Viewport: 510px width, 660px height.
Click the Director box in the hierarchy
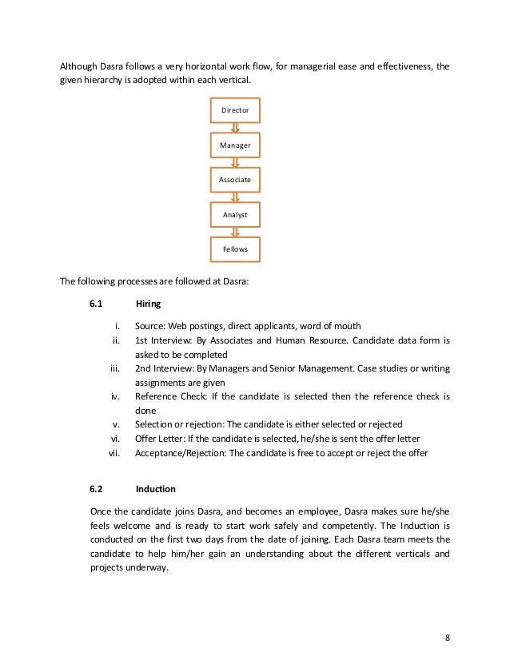[x=235, y=109]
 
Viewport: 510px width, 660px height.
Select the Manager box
[x=235, y=145]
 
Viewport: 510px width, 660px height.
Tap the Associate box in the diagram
[x=235, y=180]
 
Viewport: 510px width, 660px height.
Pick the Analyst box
[x=235, y=214]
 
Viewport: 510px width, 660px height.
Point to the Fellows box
[x=235, y=249]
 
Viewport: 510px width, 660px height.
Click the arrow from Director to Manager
[x=235, y=128]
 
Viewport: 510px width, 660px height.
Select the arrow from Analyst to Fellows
[x=235, y=233]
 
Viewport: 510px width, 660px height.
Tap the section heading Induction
[x=155, y=488]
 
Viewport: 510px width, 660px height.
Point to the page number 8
[x=448, y=637]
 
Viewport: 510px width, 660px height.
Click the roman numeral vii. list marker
[x=113, y=453]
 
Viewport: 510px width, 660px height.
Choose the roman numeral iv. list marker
[x=114, y=396]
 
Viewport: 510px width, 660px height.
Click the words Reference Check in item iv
[x=165, y=396]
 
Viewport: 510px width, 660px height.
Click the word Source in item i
[x=149, y=326]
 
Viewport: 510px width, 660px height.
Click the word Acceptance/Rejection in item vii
[x=181, y=453]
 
